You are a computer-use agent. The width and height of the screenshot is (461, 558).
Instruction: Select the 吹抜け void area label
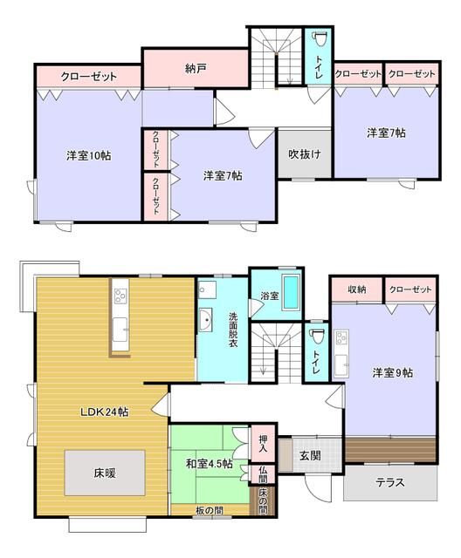tap(305, 154)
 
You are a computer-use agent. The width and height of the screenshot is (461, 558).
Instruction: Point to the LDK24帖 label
tap(105, 412)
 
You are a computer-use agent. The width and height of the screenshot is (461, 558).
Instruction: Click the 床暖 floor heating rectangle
tap(104, 473)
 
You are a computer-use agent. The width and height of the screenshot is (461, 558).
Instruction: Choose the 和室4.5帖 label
tap(208, 465)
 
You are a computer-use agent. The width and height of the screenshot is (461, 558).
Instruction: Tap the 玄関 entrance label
tap(310, 455)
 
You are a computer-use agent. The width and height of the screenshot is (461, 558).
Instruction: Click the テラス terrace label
tap(389, 482)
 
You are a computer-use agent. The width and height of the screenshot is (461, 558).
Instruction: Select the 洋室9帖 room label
tap(392, 372)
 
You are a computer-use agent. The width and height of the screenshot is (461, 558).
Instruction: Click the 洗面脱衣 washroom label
tap(233, 330)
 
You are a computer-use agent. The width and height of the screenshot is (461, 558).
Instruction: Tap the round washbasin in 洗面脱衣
tap(207, 320)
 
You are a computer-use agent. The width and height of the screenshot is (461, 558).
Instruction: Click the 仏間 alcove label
tap(263, 475)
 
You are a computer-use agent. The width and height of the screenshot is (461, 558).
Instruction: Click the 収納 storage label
tap(356, 289)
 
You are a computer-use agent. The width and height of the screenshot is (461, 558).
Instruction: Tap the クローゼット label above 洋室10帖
tap(88, 77)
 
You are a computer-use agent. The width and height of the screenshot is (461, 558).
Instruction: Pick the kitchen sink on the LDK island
tap(120, 329)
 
